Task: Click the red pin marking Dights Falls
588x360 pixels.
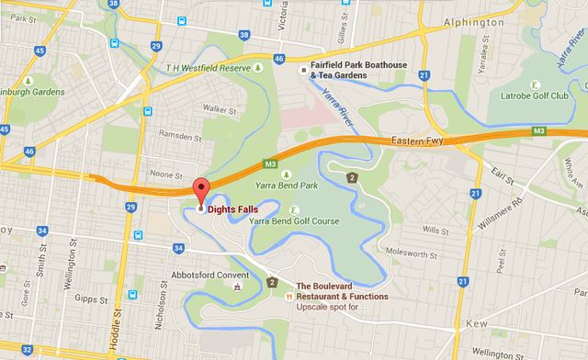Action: point(201,190)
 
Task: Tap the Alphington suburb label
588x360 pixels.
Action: point(472,21)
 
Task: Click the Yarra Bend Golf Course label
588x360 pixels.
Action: point(281,220)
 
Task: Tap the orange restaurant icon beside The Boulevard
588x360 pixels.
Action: point(289,296)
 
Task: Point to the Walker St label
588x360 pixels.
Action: point(215,108)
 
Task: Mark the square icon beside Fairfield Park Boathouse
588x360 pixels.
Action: point(301,67)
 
